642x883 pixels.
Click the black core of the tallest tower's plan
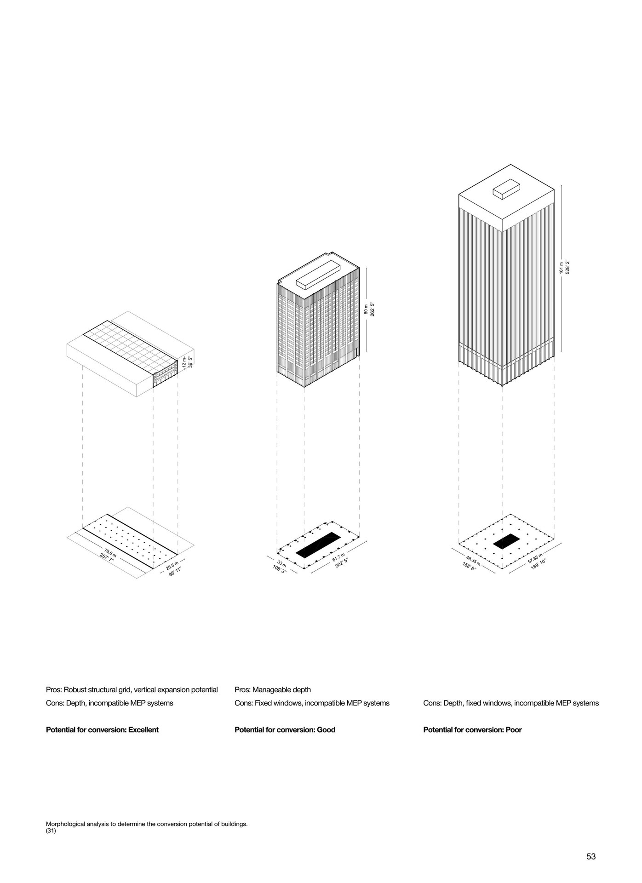pyautogui.click(x=506, y=541)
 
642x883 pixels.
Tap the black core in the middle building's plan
pyautogui.click(x=318, y=545)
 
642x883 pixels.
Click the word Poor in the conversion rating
pyautogui.click(x=513, y=729)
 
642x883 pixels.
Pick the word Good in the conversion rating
pyautogui.click(x=326, y=729)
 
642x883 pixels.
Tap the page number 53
pyautogui.click(x=591, y=856)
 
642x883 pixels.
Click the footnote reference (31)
pyautogui.click(x=51, y=830)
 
